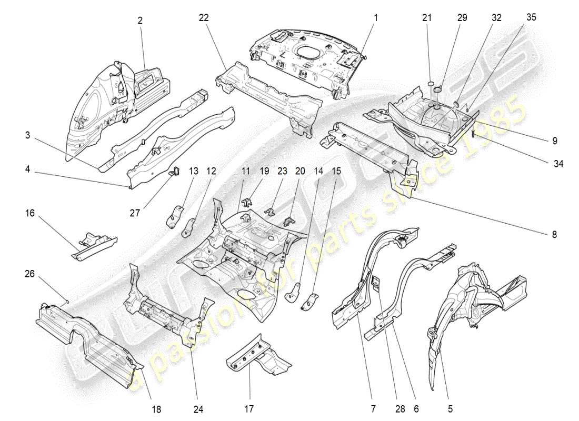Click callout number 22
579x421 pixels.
click(204, 17)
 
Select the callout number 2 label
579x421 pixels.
click(140, 21)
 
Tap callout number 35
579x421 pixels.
click(531, 17)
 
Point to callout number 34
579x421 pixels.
click(558, 164)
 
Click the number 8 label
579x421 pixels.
click(554, 235)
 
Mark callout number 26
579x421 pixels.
click(31, 273)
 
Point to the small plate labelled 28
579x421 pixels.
click(377, 283)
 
